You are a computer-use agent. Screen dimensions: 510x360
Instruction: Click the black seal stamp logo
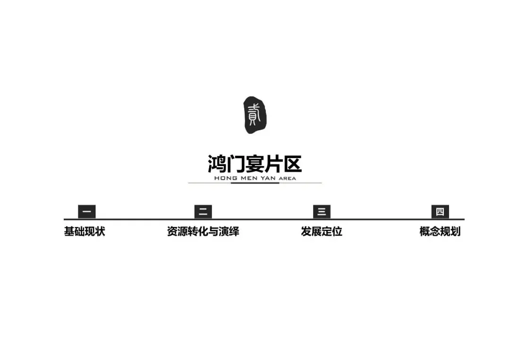[x=255, y=115]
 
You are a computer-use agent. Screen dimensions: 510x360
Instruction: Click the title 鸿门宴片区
[x=255, y=164]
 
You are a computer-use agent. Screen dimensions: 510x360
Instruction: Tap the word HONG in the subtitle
[x=224, y=178]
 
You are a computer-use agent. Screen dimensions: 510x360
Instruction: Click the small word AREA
[x=288, y=179]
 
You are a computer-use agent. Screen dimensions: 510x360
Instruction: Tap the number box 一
[x=87, y=212]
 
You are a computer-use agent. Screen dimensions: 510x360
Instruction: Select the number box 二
[x=203, y=212]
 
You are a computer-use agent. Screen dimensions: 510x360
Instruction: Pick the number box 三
[x=322, y=212]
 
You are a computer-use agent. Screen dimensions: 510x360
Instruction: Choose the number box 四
[x=440, y=212]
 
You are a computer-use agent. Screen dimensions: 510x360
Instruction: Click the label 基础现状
[x=85, y=232]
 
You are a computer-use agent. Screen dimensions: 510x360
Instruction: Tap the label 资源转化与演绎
[x=203, y=232]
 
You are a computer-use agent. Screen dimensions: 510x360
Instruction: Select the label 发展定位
[x=322, y=232]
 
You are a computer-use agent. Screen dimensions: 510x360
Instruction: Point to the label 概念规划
[x=440, y=232]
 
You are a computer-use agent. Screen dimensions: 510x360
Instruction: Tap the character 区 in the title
[x=292, y=164]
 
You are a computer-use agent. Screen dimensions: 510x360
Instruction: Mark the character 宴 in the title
[x=255, y=164]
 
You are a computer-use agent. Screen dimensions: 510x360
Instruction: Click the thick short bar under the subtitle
[x=255, y=183]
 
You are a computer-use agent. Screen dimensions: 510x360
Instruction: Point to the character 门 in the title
[x=236, y=164]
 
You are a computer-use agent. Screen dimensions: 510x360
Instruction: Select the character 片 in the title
[x=274, y=164]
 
